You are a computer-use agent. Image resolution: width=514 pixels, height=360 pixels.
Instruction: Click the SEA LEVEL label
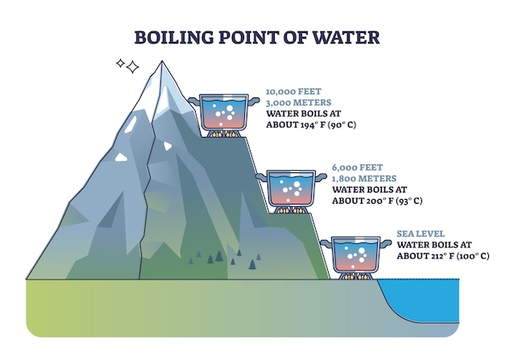pos(420,234)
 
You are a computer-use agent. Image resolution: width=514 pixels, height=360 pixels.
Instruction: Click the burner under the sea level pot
pos(355,276)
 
